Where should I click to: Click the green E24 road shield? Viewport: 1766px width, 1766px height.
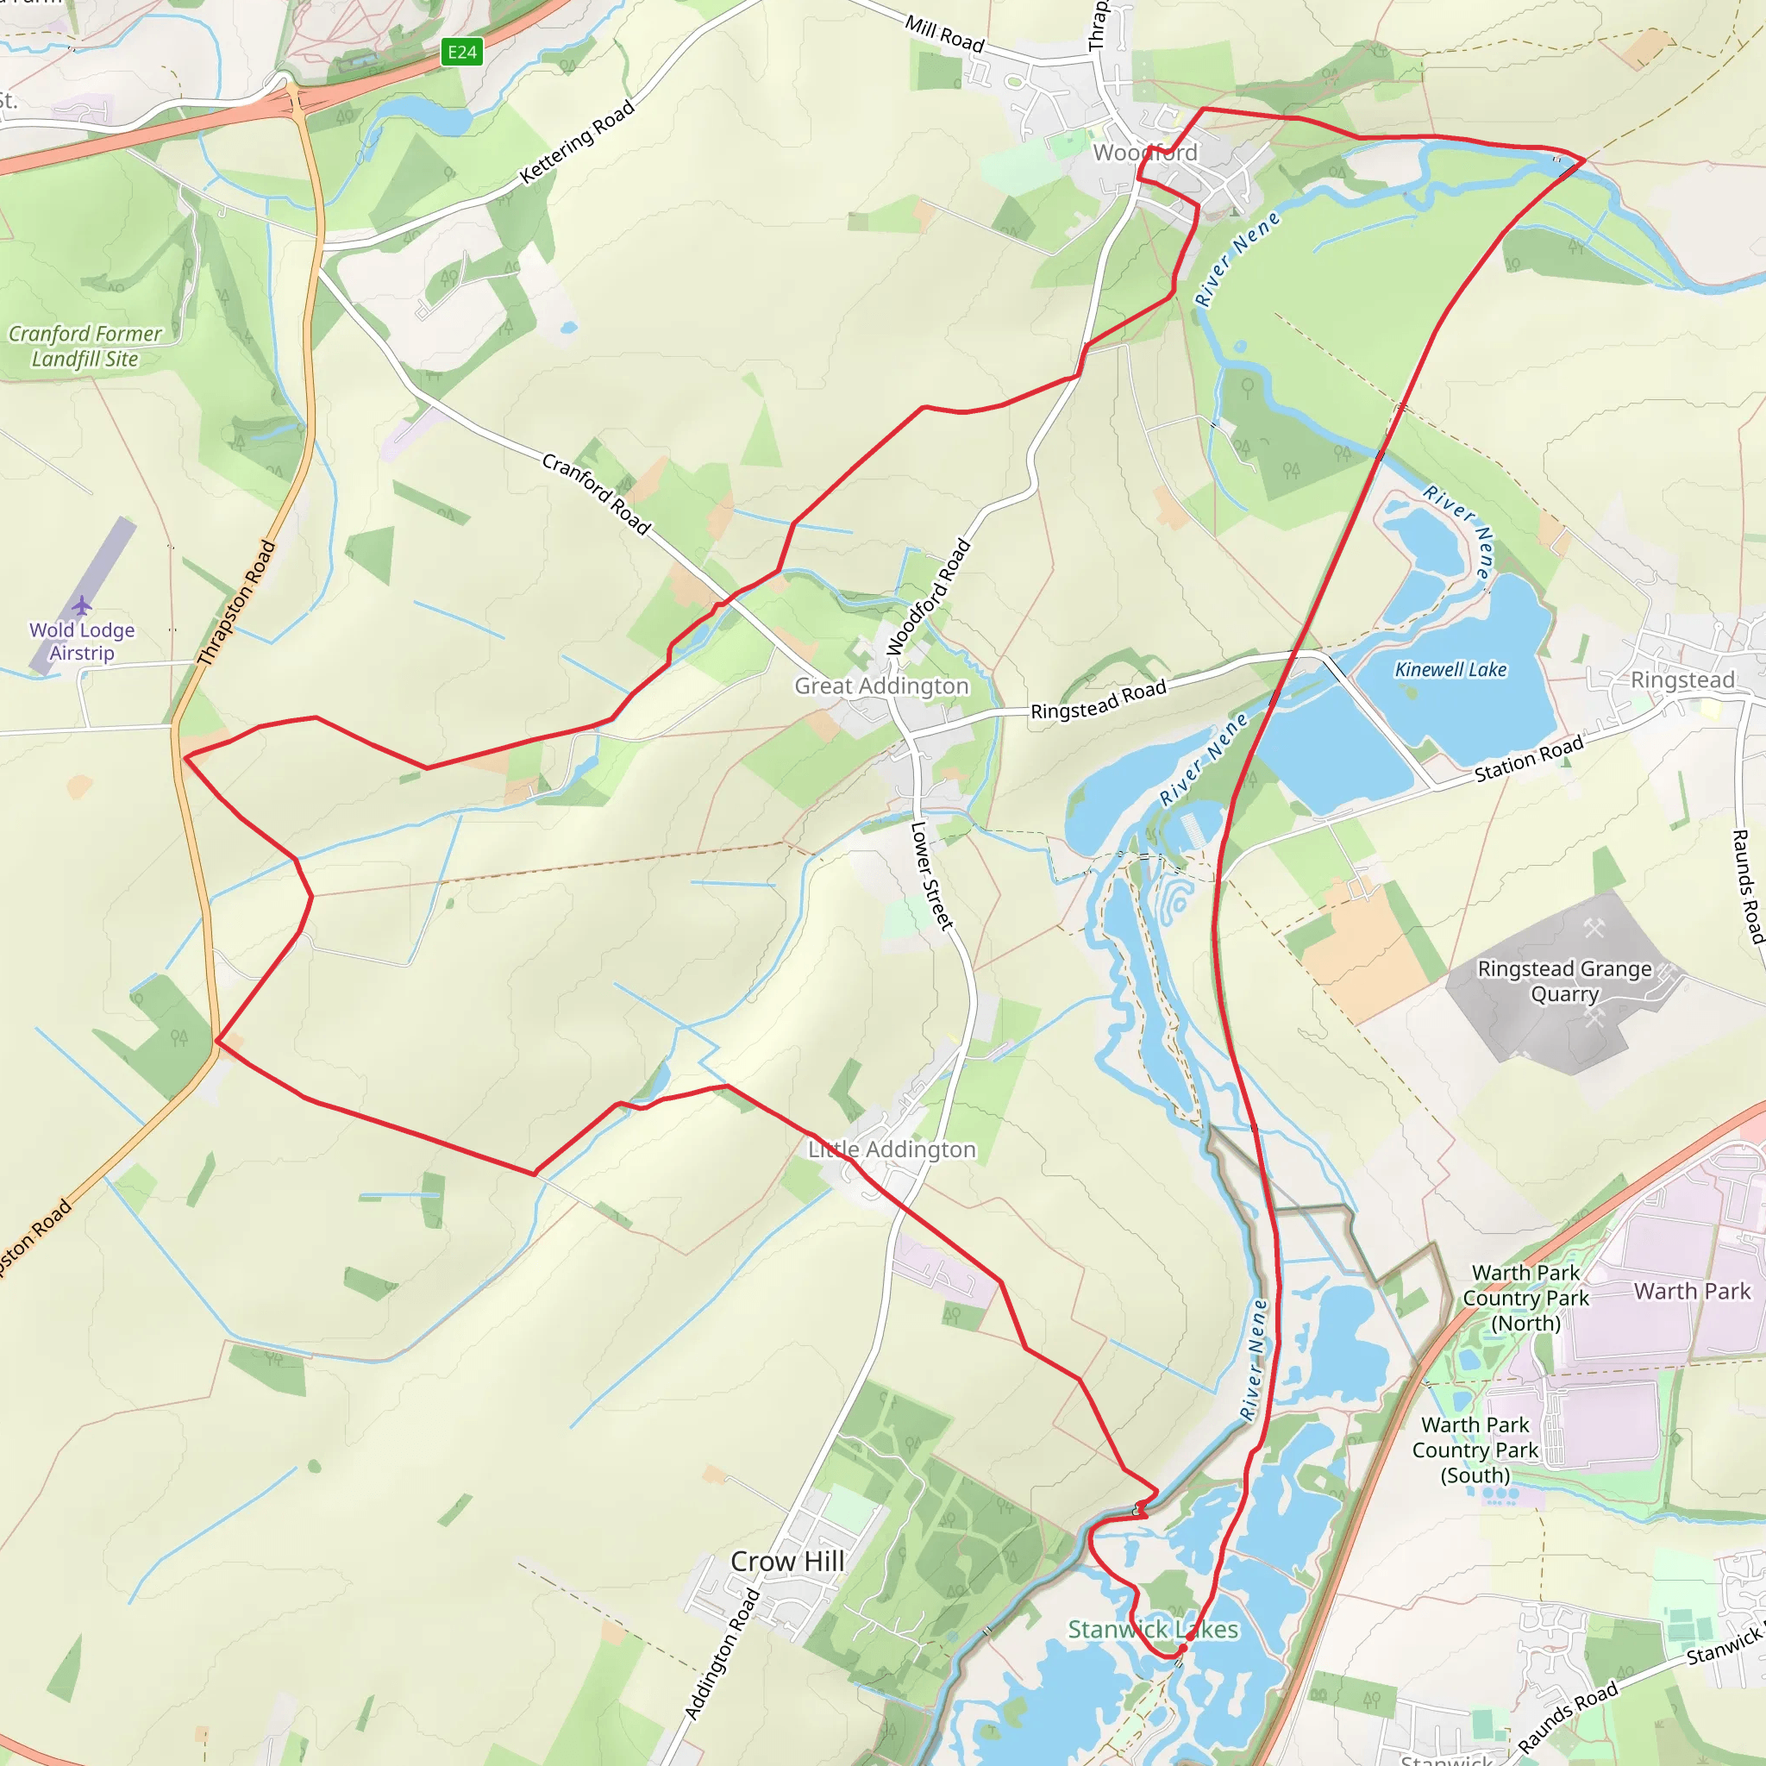click(461, 52)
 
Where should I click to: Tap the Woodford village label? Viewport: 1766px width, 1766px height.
click(1144, 153)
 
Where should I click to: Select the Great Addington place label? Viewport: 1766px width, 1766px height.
click(881, 686)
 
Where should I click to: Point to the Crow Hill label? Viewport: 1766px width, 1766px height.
click(787, 1562)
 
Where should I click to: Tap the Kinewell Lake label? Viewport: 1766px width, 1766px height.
click(1450, 670)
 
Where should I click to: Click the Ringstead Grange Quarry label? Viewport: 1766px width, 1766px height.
click(1565, 980)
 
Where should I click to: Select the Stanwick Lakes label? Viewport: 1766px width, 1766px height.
click(1153, 1629)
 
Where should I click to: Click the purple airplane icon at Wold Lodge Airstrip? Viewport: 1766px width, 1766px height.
click(82, 605)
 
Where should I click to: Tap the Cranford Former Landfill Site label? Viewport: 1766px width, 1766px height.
click(85, 347)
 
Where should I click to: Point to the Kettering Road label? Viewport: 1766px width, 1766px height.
click(577, 141)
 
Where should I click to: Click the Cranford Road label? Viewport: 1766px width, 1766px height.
click(596, 493)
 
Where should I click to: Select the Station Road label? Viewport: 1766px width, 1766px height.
click(1528, 760)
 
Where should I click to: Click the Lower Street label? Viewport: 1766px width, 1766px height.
click(930, 876)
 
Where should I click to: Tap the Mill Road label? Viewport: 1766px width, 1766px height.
click(944, 34)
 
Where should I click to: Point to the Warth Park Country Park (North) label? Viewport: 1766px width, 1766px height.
click(1525, 1297)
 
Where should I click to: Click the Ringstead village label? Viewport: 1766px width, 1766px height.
click(1681, 680)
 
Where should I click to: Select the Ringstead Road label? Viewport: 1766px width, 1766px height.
click(1098, 700)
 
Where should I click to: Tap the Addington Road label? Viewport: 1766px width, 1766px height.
click(722, 1654)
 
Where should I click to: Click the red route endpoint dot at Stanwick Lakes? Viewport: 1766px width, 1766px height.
click(1182, 1649)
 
